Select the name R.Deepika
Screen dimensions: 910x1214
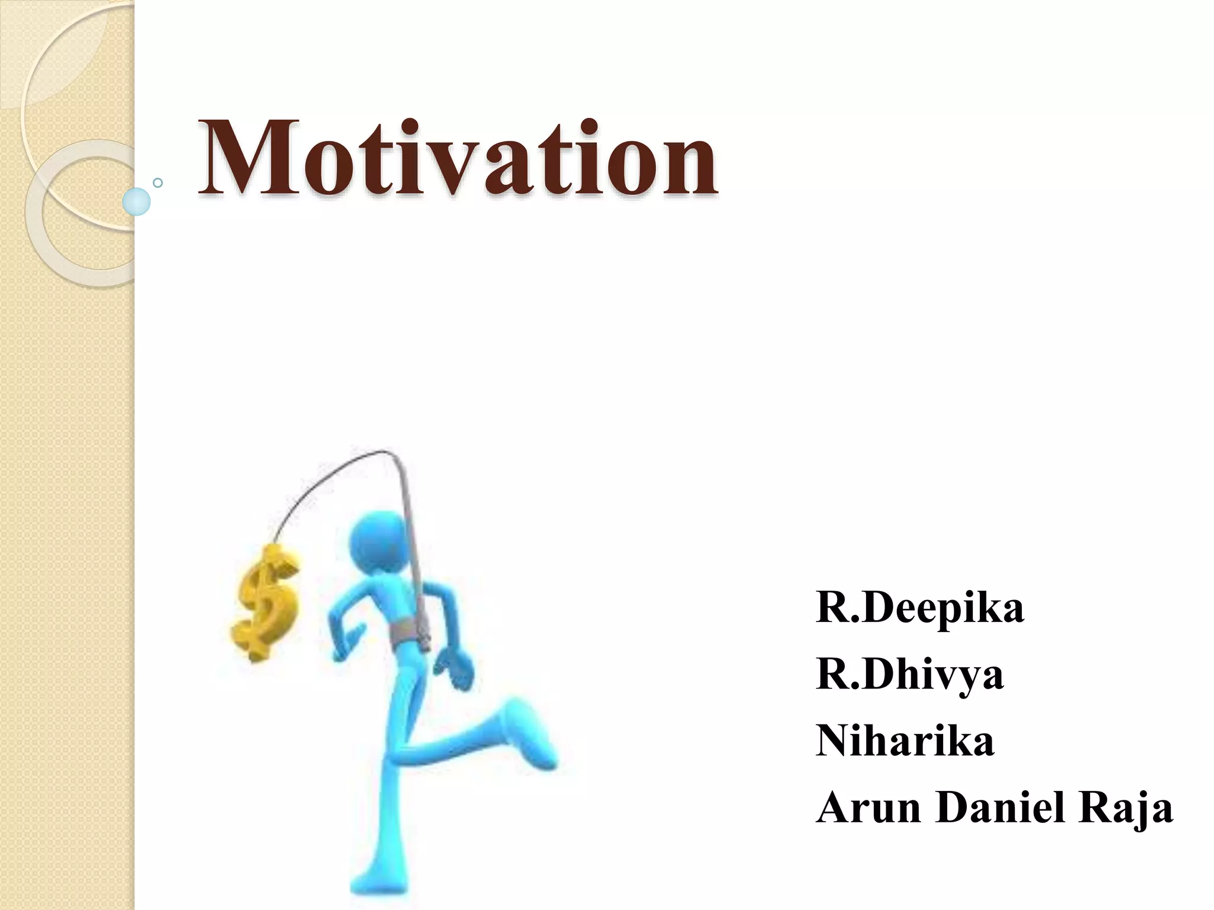tap(919, 608)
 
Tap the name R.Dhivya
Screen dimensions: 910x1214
tap(909, 675)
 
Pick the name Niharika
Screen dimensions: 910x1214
tap(905, 741)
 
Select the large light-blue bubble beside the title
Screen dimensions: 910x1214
tap(136, 201)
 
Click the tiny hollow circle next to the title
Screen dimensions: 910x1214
tap(158, 182)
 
